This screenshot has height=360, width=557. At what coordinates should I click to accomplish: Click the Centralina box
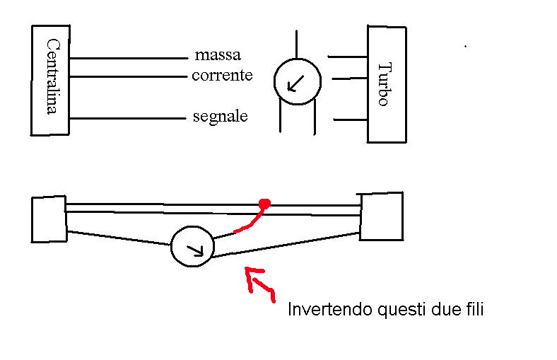point(51,80)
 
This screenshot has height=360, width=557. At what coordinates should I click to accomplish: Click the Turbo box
point(386,83)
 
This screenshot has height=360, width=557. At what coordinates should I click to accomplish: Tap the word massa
point(218,54)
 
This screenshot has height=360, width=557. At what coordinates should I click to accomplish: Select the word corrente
point(222,75)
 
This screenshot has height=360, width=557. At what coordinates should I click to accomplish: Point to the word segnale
point(221,116)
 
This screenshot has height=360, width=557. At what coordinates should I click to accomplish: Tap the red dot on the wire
point(264,204)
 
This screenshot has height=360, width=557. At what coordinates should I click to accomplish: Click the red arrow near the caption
point(258,283)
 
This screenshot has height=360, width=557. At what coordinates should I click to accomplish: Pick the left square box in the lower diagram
point(49,219)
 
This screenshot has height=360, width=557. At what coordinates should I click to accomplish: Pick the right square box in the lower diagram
point(381,216)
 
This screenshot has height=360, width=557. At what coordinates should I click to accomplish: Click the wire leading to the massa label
point(127,58)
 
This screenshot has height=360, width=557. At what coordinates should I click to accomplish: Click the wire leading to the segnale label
point(127,119)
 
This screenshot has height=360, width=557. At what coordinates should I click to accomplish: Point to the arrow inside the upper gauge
point(295,85)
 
